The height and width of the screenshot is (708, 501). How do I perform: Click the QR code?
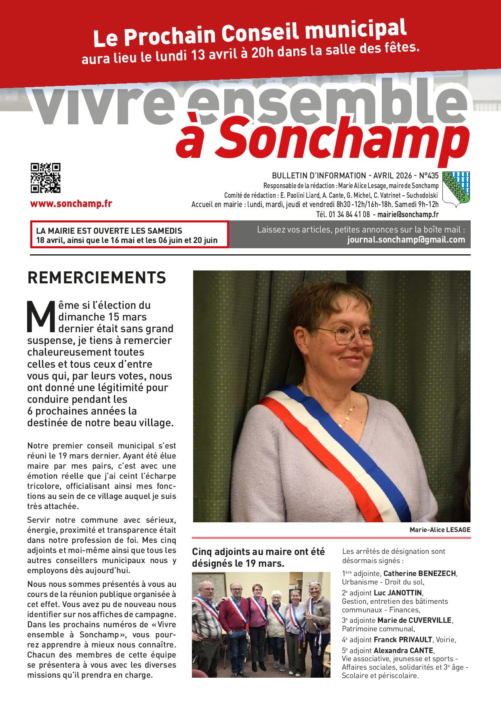coord(45,178)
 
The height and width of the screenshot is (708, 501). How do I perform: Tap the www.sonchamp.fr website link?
coord(71,204)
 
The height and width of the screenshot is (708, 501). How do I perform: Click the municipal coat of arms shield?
coord(456,189)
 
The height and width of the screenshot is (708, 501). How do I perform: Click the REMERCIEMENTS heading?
coord(97,278)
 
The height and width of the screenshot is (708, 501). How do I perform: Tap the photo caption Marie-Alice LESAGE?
coord(440,530)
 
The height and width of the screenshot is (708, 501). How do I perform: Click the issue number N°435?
coord(428,176)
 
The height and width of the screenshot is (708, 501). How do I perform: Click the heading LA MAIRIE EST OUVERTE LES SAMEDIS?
coord(109,231)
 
